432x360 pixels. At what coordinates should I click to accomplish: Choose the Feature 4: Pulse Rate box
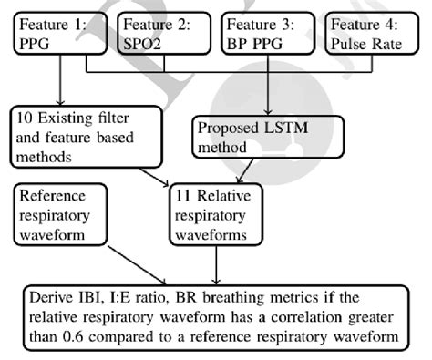click(x=373, y=35)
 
